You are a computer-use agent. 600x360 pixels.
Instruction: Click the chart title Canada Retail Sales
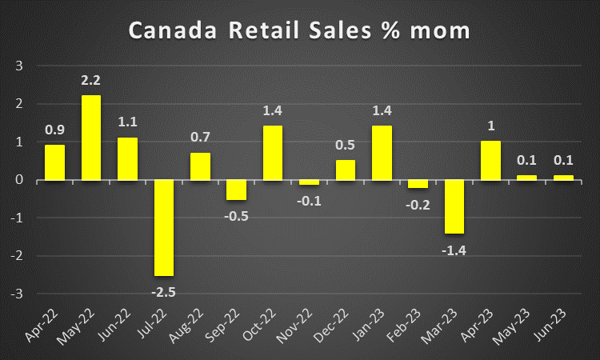(x=300, y=32)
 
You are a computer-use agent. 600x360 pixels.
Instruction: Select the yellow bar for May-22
(x=91, y=138)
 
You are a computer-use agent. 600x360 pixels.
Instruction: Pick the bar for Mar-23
(x=454, y=206)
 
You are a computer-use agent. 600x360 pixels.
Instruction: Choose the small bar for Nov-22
(x=309, y=182)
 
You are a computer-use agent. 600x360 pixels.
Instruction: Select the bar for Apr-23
(x=490, y=161)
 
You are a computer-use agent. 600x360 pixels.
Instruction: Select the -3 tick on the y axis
(x=17, y=294)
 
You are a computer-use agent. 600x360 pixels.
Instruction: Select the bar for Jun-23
(x=563, y=178)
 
